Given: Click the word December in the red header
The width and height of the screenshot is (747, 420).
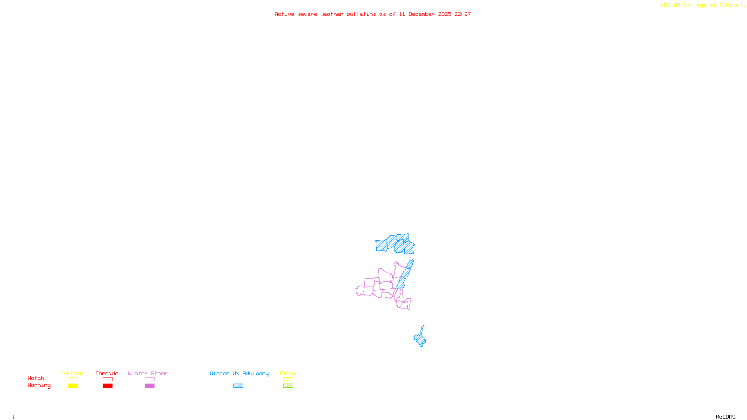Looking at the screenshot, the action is click(x=422, y=14).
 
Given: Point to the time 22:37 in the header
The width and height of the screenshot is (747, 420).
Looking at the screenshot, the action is click(x=463, y=14).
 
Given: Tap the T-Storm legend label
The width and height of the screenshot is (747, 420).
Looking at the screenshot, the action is click(x=72, y=373).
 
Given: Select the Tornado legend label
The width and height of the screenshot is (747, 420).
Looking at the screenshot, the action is click(x=107, y=373).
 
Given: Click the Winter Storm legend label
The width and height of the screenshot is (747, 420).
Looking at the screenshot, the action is click(x=148, y=373).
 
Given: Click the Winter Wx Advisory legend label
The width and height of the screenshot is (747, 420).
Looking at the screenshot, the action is click(x=239, y=373).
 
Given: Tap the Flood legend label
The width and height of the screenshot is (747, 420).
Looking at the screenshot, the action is click(x=288, y=373).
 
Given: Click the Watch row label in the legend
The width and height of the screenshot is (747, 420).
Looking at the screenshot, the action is click(x=36, y=378).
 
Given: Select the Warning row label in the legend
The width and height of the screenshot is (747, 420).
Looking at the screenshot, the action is click(x=39, y=385).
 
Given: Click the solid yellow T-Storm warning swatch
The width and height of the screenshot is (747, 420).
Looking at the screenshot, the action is click(x=72, y=386).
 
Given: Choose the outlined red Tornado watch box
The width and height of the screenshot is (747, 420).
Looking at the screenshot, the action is click(x=107, y=379).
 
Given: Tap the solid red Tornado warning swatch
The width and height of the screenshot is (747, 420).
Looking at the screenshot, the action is click(x=107, y=386).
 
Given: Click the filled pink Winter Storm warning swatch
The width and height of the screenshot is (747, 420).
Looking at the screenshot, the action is click(x=149, y=386).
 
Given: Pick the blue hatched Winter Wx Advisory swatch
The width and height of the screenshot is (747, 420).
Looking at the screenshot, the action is click(x=238, y=386).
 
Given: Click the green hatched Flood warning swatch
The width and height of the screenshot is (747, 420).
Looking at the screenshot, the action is click(x=288, y=386).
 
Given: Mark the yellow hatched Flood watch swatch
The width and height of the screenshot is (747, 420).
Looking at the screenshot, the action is click(x=288, y=379).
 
